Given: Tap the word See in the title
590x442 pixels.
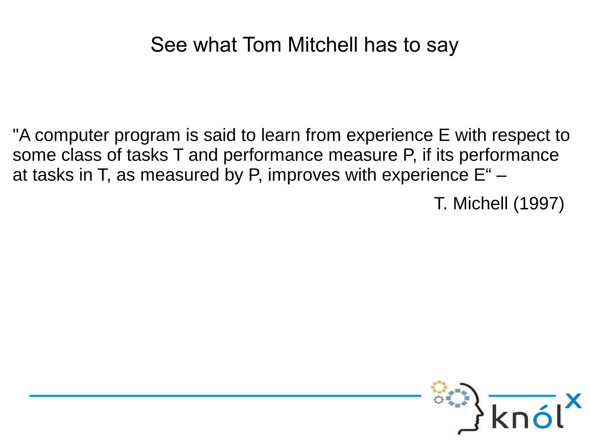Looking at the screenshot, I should [169, 45].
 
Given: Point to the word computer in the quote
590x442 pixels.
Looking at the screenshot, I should [72, 135].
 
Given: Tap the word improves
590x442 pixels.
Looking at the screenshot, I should [304, 175].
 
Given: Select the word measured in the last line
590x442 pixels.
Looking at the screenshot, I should [180, 175].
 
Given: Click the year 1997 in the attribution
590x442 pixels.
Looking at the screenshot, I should [538, 204].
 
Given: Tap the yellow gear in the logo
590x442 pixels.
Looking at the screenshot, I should [439, 387].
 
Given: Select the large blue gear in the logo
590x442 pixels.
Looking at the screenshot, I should [458, 398].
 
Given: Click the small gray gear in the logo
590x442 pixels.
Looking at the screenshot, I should [438, 400].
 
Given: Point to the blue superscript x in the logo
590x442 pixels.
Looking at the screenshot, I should [573, 401].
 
